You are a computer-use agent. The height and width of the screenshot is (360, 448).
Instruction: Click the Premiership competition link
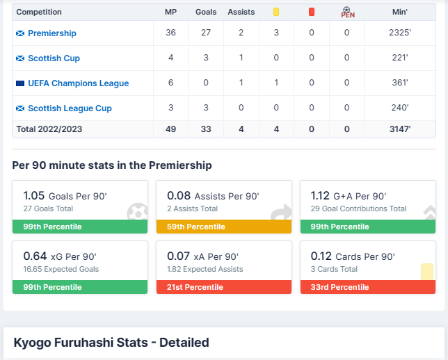coord(52,33)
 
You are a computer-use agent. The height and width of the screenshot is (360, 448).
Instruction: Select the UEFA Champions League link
coord(78,83)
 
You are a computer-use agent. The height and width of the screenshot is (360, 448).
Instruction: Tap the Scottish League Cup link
coord(69,108)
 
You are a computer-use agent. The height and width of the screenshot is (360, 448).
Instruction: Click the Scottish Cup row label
coord(54,58)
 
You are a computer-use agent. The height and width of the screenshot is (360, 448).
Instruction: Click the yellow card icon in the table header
coord(276,12)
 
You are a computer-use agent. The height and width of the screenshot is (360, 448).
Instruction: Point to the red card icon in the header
coord(311,12)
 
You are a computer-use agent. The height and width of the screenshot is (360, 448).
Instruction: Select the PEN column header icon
coord(347,12)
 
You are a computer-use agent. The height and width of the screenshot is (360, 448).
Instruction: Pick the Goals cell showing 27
coord(206,33)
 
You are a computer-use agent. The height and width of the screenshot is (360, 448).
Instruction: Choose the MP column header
coord(170,12)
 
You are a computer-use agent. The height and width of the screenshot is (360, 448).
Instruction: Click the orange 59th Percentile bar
coord(223,227)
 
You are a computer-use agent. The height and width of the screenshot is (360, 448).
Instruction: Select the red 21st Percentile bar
coord(223,287)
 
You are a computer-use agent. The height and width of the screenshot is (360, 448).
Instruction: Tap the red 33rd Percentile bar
coord(367,287)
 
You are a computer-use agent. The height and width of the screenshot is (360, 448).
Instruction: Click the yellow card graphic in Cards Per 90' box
coord(426,272)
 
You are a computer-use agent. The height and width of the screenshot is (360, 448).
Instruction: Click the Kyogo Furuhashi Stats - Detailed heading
coord(111,343)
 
